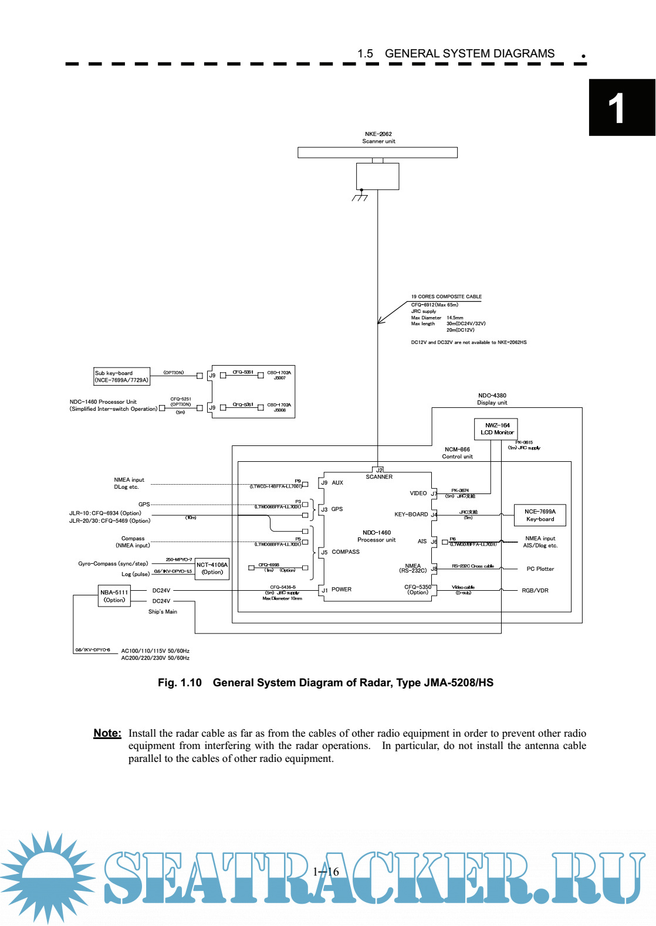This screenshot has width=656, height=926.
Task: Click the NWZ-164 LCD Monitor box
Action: coord(496,429)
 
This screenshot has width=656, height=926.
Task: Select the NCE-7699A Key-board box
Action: coord(540,515)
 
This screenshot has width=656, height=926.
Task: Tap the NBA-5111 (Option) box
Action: coord(114,596)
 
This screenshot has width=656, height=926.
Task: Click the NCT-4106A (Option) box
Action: coord(212,568)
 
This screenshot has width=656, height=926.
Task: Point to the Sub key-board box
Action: coord(122,376)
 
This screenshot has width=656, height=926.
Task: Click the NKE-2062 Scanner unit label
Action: coord(378,138)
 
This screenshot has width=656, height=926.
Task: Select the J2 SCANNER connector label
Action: coord(379,474)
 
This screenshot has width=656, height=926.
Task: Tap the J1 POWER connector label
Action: coord(336,590)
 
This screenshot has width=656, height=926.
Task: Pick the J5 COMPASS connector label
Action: coord(340,552)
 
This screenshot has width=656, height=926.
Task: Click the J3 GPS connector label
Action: coord(332,509)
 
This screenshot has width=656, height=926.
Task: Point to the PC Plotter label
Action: coord(540,569)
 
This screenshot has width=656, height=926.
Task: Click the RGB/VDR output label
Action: coord(535,591)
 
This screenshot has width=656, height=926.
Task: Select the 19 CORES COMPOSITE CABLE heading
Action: coord(446,297)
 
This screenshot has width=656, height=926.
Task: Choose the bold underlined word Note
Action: coord(107,733)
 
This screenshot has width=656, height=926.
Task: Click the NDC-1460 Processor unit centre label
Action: coord(376,536)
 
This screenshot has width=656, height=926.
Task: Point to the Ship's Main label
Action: coord(163,612)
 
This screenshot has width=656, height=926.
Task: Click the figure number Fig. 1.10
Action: coord(180,683)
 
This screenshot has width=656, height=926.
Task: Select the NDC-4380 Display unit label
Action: coord(492,399)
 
